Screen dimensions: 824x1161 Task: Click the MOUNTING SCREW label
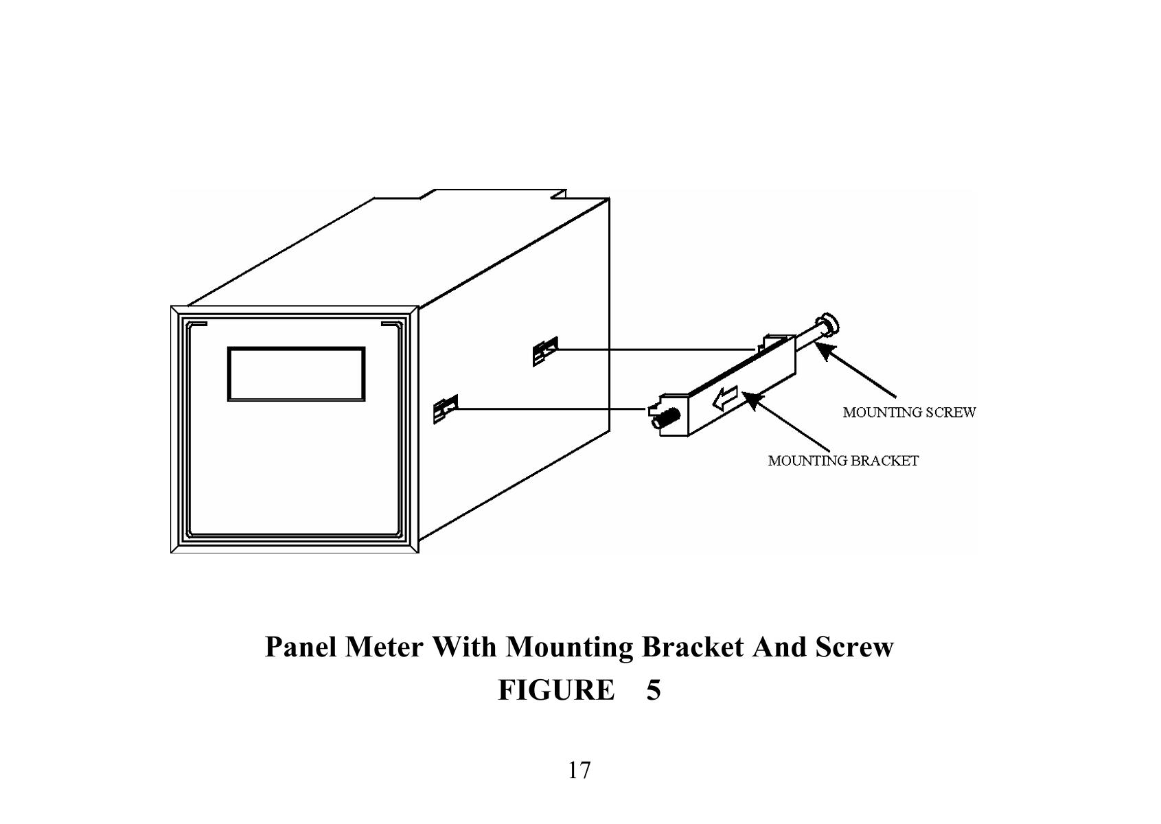coord(908,413)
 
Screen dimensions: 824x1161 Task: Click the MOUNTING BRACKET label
coord(842,461)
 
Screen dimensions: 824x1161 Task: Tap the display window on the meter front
coord(296,374)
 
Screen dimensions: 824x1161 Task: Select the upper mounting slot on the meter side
coord(545,352)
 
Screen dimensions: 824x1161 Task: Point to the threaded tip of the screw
coord(665,417)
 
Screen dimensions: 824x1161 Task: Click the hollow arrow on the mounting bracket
coord(724,399)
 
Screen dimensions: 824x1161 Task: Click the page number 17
coord(579,770)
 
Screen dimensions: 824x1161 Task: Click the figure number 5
coord(653,690)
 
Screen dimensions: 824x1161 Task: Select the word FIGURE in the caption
coord(556,690)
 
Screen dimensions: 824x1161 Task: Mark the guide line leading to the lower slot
coord(549,409)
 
